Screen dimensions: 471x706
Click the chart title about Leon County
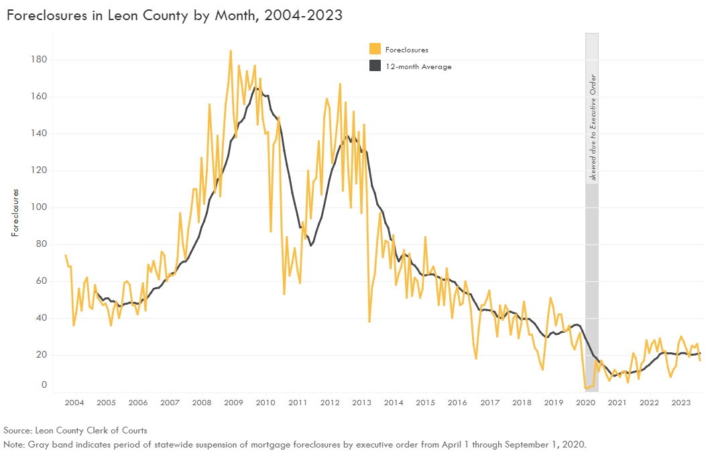174,15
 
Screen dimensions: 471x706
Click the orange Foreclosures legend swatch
375,49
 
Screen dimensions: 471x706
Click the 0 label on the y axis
44,385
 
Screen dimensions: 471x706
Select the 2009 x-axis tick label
233,403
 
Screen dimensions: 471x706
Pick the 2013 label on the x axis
361,403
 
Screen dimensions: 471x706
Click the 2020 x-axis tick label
585,403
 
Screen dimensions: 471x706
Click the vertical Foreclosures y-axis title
14,212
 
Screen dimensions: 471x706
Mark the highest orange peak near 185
231,50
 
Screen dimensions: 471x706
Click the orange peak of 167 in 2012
340,84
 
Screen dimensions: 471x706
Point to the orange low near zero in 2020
587,388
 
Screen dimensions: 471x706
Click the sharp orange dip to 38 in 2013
369,321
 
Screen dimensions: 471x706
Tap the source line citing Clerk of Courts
75,430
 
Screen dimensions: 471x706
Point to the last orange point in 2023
700,361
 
